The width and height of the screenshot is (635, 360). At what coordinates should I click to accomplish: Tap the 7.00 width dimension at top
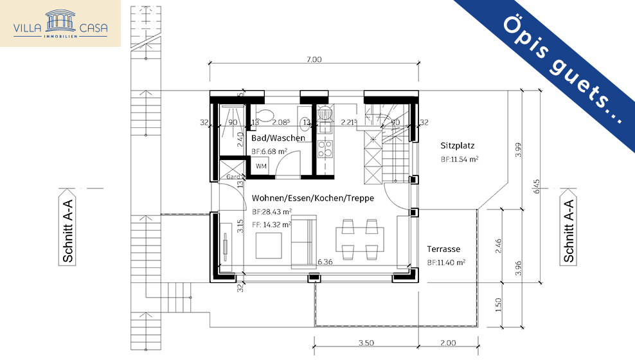click(314, 60)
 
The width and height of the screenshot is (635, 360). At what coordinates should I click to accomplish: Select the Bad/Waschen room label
click(278, 138)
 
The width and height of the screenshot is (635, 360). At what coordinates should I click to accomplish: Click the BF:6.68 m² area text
click(269, 152)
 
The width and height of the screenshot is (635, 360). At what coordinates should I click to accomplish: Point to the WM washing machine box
click(261, 166)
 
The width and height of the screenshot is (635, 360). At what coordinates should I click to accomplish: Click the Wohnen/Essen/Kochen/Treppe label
click(312, 198)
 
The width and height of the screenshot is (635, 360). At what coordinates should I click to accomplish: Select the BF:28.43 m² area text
click(272, 212)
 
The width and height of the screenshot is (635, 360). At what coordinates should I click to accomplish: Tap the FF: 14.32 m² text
click(272, 224)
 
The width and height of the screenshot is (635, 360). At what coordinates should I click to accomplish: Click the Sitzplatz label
click(458, 145)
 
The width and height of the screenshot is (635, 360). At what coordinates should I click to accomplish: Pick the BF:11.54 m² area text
click(459, 158)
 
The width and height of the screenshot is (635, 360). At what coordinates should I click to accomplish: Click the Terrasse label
click(443, 249)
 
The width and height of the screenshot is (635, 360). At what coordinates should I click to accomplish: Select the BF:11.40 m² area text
click(445, 262)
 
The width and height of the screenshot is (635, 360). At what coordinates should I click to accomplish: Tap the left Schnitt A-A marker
click(67, 226)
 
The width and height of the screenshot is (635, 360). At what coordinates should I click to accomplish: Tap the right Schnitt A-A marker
click(568, 226)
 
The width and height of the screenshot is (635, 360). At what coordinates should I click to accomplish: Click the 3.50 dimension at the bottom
click(366, 343)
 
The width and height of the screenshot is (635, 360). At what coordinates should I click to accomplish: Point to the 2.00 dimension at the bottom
click(448, 343)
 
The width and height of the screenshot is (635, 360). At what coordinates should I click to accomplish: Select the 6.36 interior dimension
click(325, 262)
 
